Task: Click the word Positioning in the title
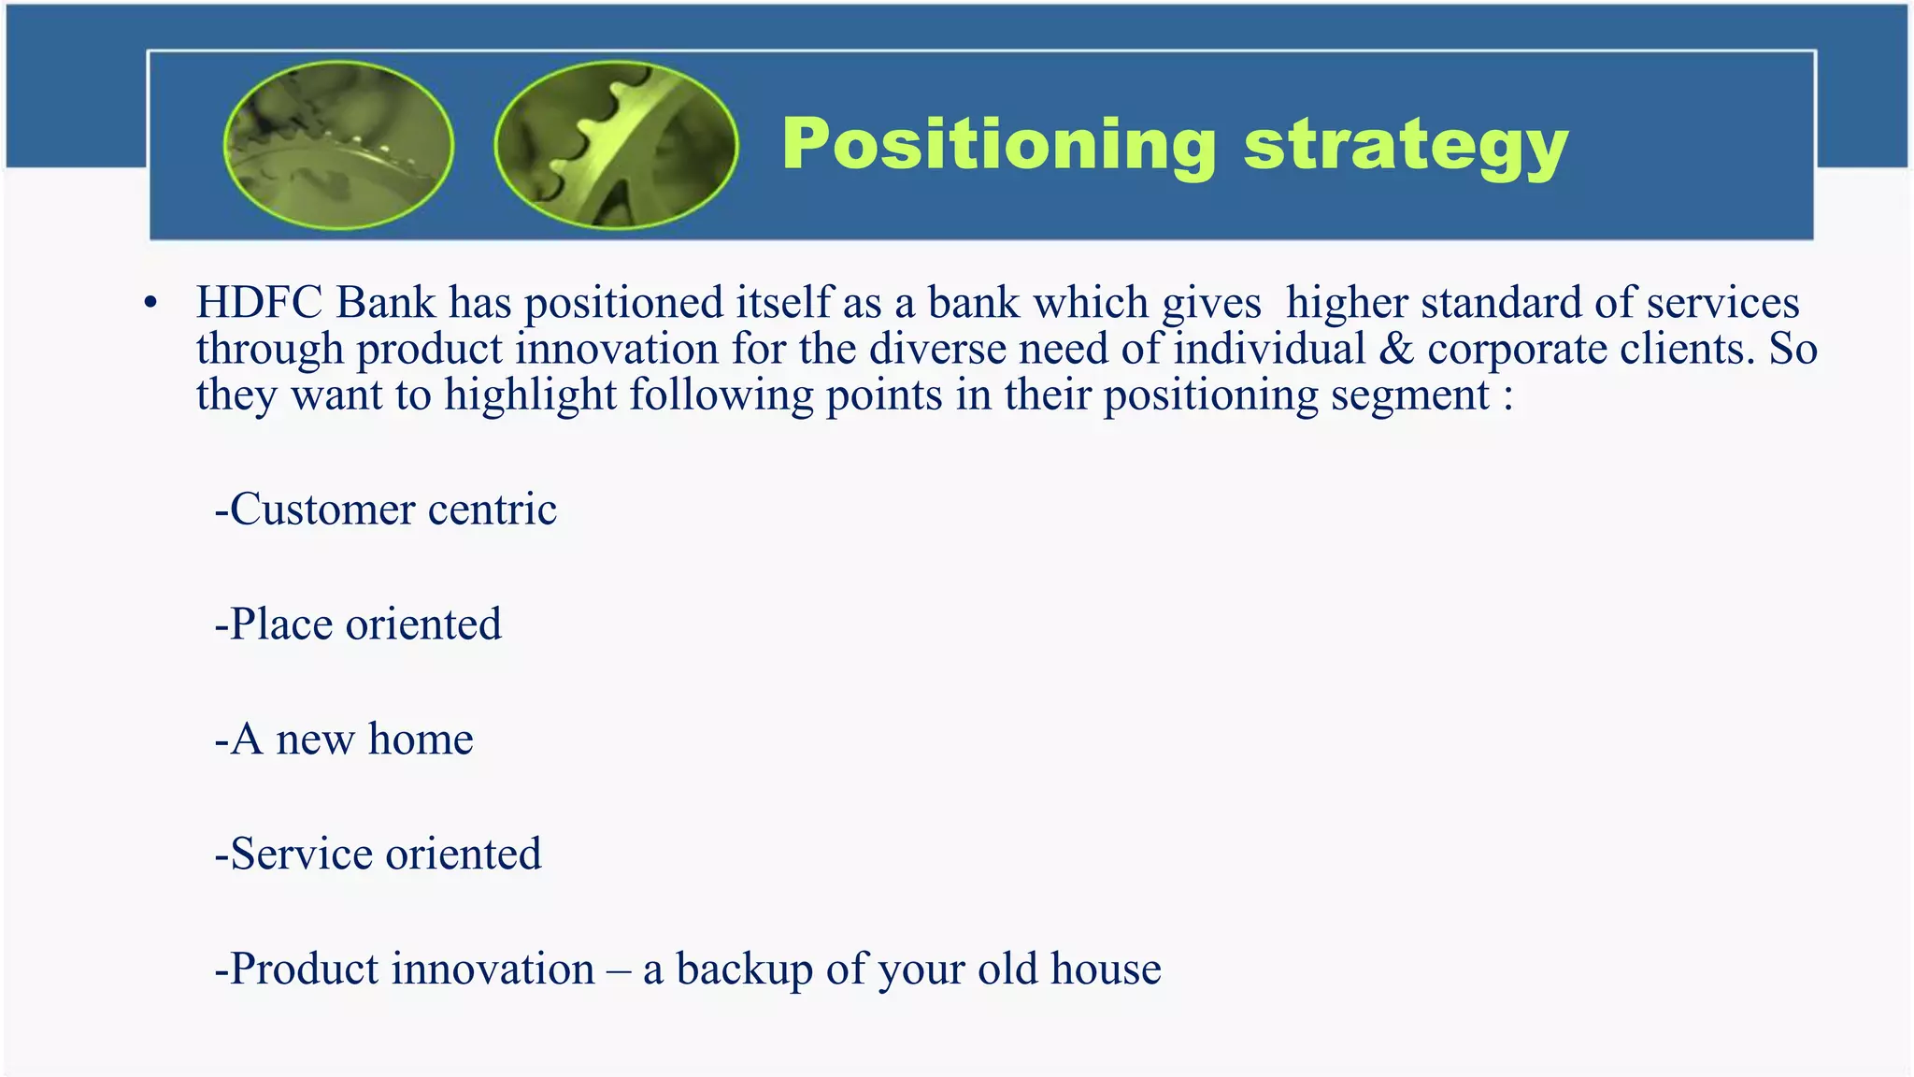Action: tap(998, 145)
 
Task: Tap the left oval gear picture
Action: tap(339, 145)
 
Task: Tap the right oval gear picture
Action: tap(616, 145)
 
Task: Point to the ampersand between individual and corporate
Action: tap(1396, 349)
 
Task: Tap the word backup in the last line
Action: tap(744, 969)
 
